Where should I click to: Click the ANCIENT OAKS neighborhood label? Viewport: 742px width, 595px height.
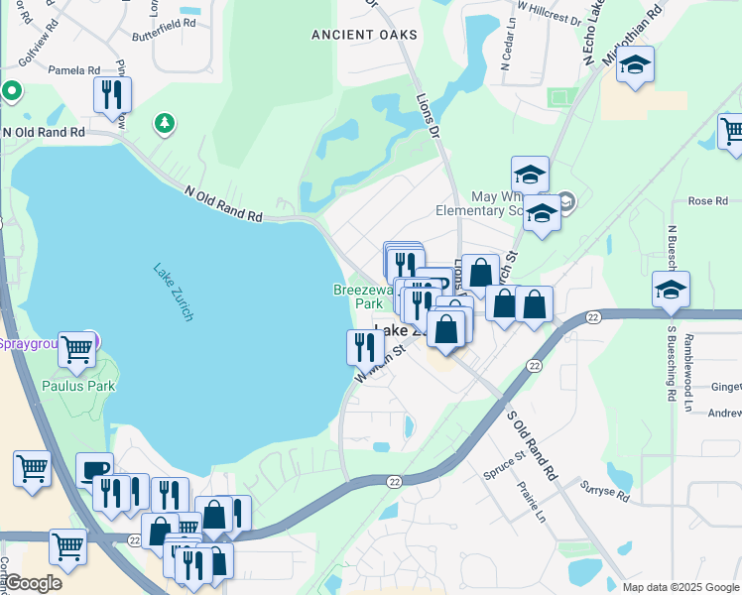pyautogui.click(x=364, y=35)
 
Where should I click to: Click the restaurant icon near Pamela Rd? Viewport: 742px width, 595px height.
pyautogui.click(x=112, y=95)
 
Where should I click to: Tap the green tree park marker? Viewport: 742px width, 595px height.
pyautogui.click(x=164, y=123)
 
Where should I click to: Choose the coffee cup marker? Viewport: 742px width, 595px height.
pyautogui.click(x=94, y=469)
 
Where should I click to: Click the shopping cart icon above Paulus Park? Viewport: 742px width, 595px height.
pyautogui.click(x=77, y=348)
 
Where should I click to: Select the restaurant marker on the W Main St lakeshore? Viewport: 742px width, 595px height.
pyautogui.click(x=364, y=346)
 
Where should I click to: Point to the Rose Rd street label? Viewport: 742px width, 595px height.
pyautogui.click(x=708, y=201)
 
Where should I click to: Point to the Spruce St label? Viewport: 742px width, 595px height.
pyautogui.click(x=505, y=462)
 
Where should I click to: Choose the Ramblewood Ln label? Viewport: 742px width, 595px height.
pyautogui.click(x=705, y=356)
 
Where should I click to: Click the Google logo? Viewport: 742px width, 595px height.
pyautogui.click(x=32, y=583)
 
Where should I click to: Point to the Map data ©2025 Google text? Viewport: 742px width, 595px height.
pyautogui.click(x=680, y=587)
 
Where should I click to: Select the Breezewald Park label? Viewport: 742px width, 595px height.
pyautogui.click(x=358, y=297)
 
